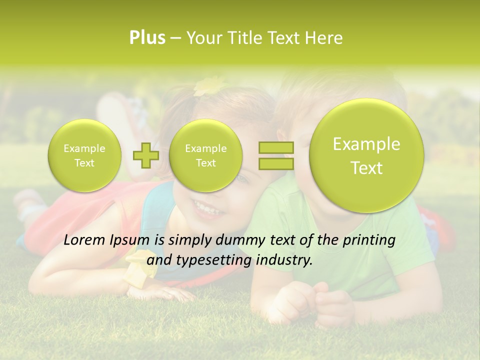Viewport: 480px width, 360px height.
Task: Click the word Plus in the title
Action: [147, 38]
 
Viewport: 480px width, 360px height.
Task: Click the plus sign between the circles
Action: [145, 155]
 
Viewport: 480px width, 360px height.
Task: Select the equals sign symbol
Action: [276, 155]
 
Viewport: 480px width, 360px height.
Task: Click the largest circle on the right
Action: [366, 155]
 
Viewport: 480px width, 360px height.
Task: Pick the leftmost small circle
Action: [84, 155]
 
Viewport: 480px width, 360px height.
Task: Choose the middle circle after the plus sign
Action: [205, 155]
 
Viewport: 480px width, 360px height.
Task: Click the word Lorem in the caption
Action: [84, 240]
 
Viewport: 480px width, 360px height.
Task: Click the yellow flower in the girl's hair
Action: [209, 86]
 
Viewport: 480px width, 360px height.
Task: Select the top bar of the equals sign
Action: [276, 147]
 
